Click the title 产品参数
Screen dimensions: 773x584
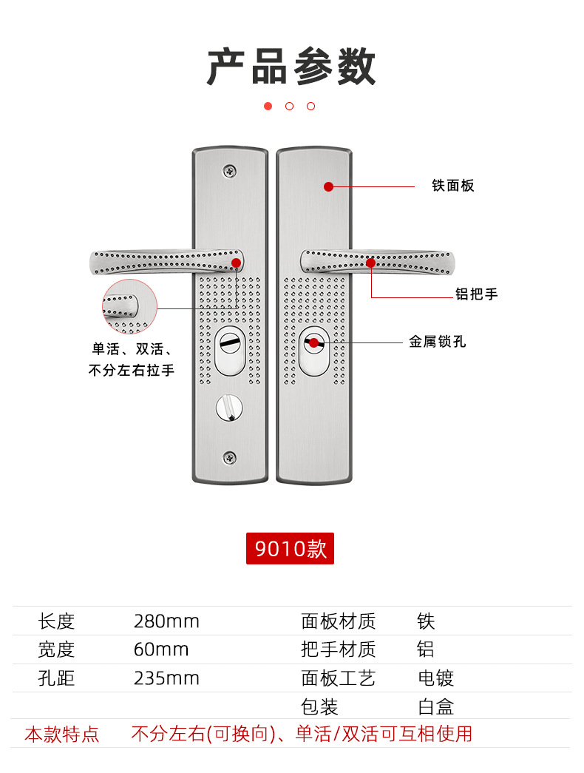point(291,67)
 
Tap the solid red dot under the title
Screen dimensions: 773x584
point(268,106)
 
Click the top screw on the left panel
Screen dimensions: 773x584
point(231,171)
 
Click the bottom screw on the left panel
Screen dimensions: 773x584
point(231,459)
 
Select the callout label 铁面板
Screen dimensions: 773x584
point(453,186)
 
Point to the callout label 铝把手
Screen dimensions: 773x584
point(476,294)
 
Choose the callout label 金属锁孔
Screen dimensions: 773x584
point(438,342)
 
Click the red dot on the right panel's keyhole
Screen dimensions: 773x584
point(314,342)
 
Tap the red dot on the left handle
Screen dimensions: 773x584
point(237,263)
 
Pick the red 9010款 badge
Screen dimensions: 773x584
point(290,549)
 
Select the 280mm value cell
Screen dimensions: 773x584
point(166,621)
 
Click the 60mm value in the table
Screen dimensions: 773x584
point(161,650)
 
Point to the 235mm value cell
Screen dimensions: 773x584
point(166,678)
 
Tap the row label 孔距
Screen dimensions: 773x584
point(57,678)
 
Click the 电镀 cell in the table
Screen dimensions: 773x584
point(435,678)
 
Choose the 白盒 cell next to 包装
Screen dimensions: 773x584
point(435,707)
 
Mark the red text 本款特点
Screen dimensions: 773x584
point(62,735)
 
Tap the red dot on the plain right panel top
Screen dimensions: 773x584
point(328,186)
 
